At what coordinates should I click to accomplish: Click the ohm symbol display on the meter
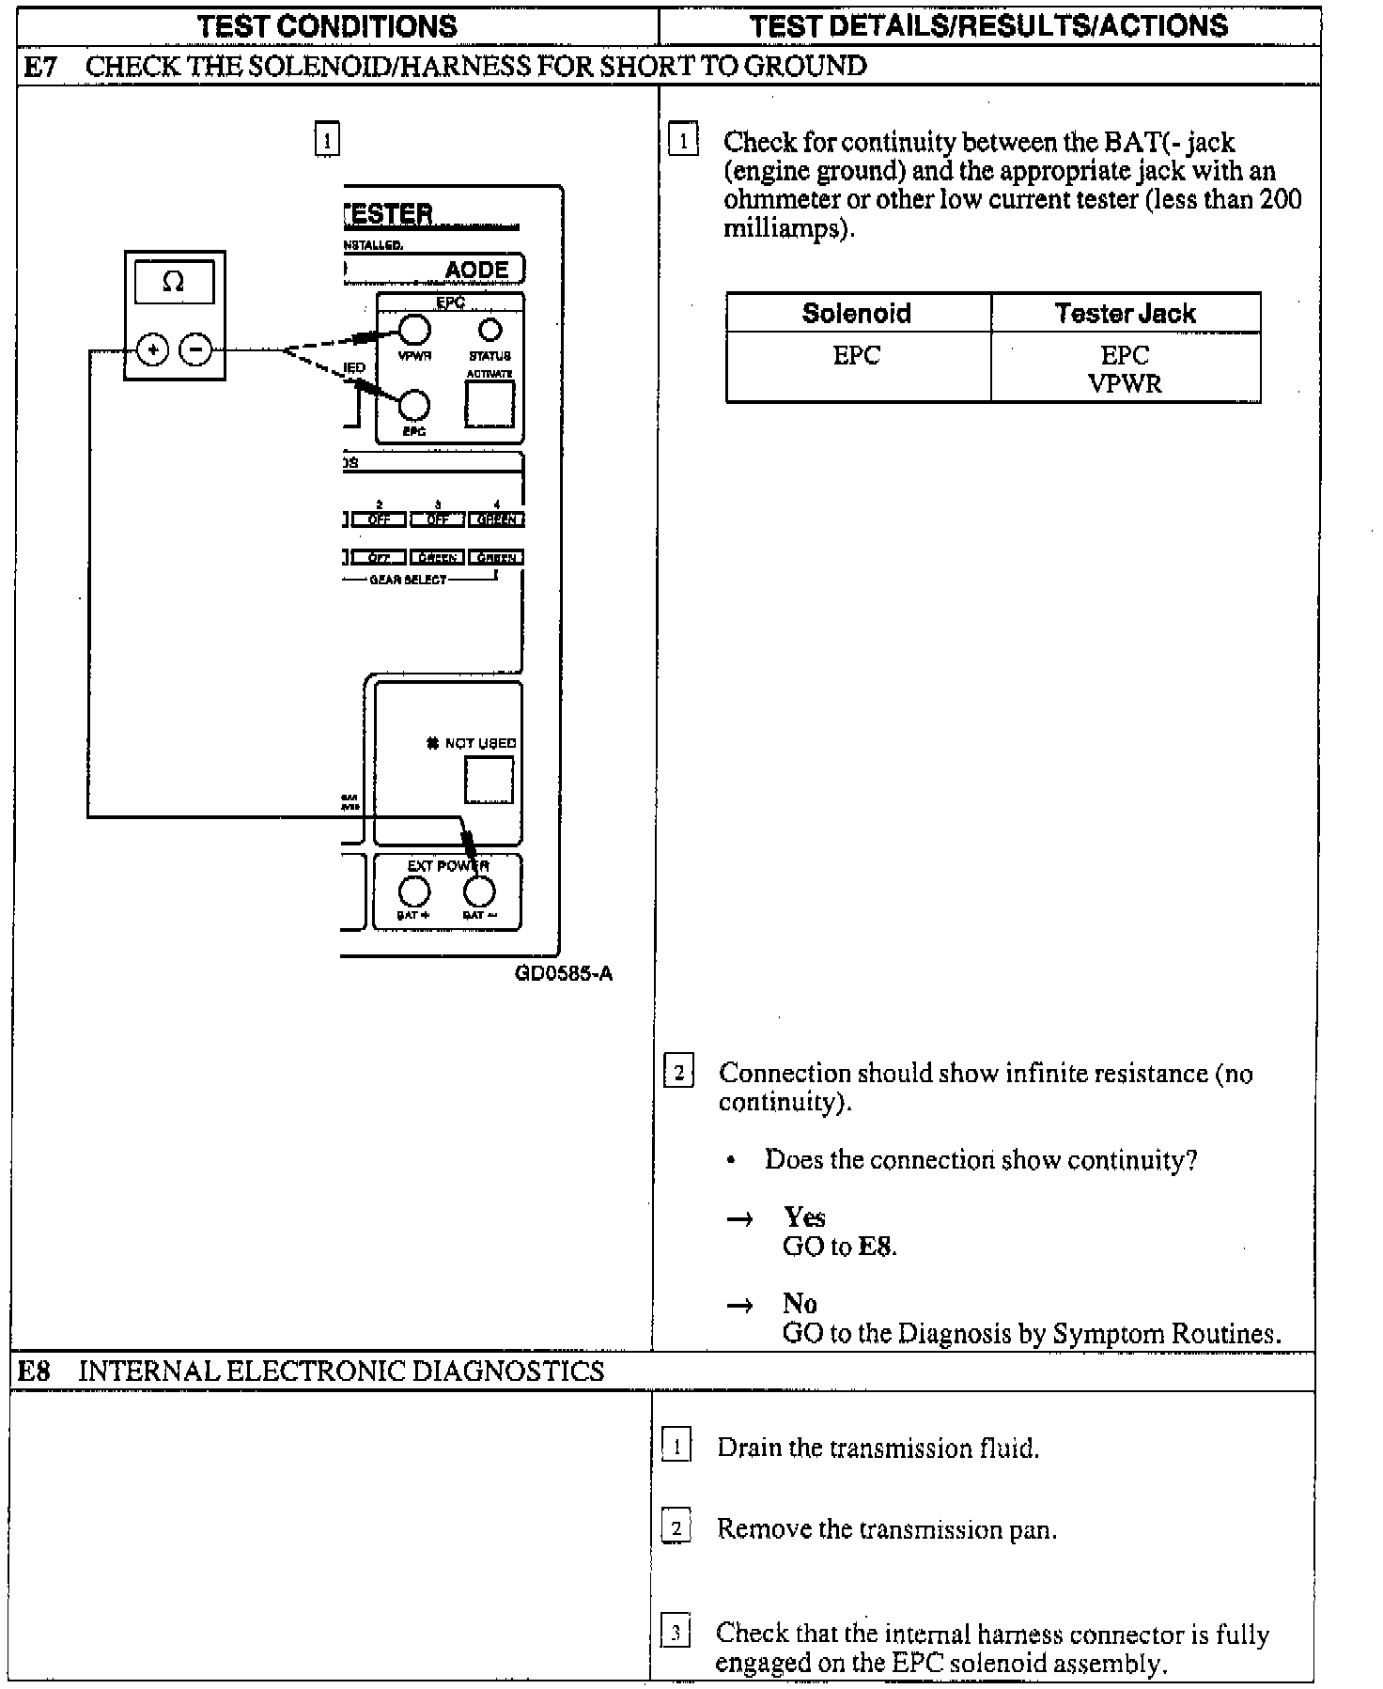(174, 282)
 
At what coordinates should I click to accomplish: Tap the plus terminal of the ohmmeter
(152, 350)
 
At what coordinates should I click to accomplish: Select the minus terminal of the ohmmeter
(195, 350)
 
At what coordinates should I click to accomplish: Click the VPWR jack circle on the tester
(414, 330)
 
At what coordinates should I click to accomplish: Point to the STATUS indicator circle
(490, 330)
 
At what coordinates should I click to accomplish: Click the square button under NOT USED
(489, 780)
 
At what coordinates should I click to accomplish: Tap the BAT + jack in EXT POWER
(414, 891)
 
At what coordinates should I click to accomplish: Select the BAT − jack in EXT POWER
(479, 891)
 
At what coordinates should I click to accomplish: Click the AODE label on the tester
(476, 271)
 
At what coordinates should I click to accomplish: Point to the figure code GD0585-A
(564, 973)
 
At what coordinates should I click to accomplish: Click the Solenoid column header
(856, 313)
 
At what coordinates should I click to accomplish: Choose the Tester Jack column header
(1125, 313)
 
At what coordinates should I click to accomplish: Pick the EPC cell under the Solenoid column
(856, 356)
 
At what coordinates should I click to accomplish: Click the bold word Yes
(804, 1217)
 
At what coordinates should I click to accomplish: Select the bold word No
(800, 1303)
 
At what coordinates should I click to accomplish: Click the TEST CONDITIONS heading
(327, 25)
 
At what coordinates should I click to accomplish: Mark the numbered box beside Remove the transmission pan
(676, 1527)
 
